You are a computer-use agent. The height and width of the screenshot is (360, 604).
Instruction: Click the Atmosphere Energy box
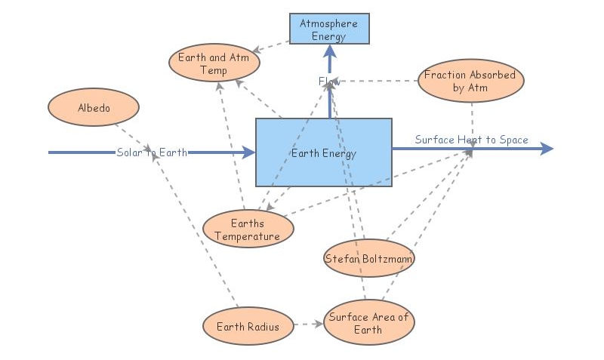pos(329,29)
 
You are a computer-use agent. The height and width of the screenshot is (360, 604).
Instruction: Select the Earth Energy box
pos(323,152)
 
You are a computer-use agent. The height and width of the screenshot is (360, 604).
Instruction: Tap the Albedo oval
pos(94,108)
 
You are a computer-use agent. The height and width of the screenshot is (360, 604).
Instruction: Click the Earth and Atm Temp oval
pos(214,64)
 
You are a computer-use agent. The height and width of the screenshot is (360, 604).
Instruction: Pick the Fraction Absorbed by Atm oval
pos(470,82)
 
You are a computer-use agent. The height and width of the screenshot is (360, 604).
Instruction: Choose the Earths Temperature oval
pos(248,229)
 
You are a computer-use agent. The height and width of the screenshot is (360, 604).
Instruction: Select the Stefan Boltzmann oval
pos(369,259)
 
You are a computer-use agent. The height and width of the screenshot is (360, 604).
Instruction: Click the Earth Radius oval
pos(248,327)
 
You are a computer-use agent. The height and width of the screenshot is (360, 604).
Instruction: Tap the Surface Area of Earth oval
pos(368,323)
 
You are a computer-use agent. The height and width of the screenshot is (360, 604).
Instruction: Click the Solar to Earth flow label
pos(152,152)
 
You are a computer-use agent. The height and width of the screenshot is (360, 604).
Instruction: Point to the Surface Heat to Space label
pos(471,140)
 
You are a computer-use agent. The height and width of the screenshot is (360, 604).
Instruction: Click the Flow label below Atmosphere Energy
pos(329,81)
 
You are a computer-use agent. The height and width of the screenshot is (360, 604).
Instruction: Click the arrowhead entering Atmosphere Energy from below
pos(329,51)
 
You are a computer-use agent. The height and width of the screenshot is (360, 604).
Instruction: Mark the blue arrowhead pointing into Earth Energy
pos(248,152)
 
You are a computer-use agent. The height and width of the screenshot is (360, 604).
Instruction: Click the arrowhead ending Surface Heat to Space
pos(547,149)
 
